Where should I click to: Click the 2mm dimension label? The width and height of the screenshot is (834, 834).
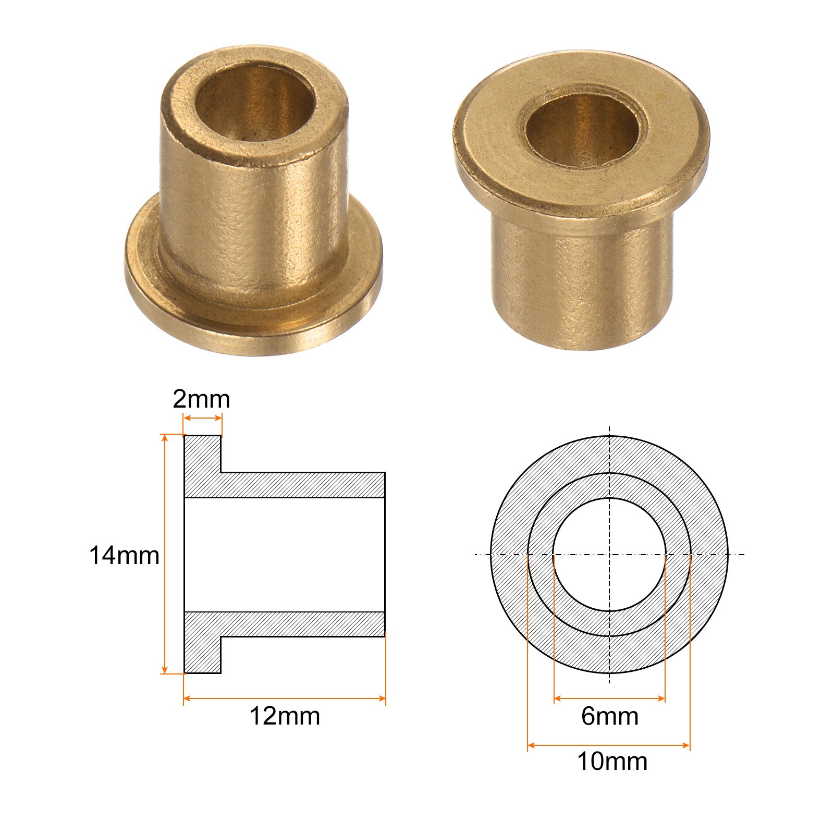coord(201,400)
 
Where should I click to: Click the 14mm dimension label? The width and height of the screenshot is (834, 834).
coord(124,555)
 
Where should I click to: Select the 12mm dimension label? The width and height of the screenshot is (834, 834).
coord(285,716)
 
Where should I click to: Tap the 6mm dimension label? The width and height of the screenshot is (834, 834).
coord(610,716)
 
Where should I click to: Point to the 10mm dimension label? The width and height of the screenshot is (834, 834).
coord(612,762)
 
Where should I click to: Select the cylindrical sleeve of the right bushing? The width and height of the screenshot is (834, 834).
coord(583,276)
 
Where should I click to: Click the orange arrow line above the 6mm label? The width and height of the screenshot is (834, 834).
coord(609,698)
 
